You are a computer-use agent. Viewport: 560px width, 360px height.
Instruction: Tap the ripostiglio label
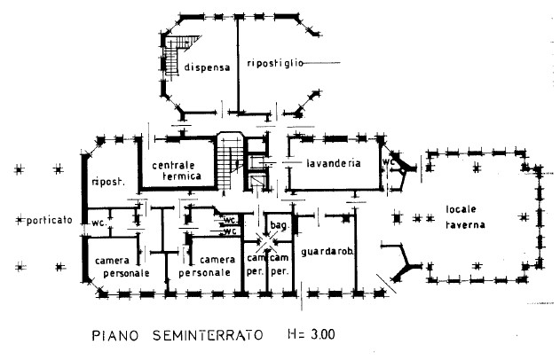click(x=276, y=64)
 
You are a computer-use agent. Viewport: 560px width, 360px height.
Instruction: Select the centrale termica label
click(x=177, y=171)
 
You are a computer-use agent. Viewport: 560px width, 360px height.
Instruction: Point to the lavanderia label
click(x=333, y=164)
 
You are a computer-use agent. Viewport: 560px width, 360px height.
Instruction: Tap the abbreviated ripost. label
click(x=106, y=183)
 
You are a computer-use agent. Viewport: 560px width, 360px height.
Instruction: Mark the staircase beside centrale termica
click(x=230, y=160)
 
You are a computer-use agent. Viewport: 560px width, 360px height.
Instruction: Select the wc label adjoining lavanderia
click(x=388, y=163)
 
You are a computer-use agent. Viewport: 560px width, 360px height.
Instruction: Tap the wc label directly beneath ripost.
click(x=98, y=223)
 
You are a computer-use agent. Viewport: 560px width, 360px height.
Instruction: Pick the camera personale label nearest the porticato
click(x=118, y=265)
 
